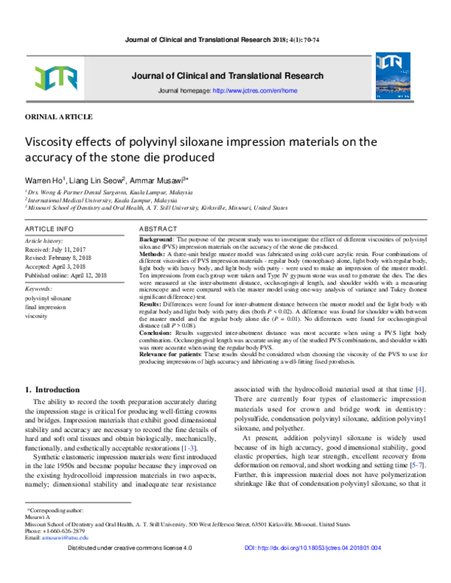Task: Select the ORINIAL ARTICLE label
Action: click(59, 118)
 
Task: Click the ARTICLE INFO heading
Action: click(50, 228)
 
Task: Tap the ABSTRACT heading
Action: click(160, 228)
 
